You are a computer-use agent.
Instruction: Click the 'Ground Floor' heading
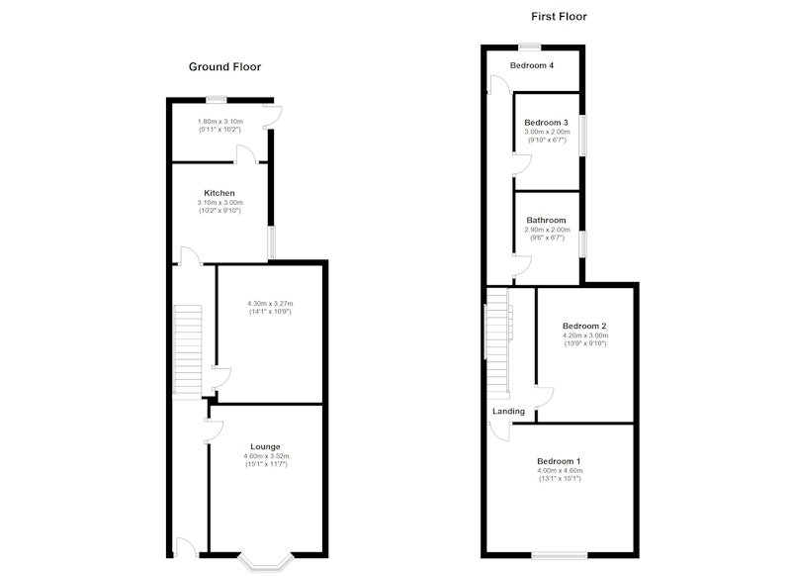click(x=224, y=66)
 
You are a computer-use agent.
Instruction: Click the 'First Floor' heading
click(x=559, y=17)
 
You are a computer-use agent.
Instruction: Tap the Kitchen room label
click(x=219, y=193)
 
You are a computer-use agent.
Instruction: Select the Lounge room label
click(x=265, y=446)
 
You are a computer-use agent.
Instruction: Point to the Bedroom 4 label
click(x=532, y=65)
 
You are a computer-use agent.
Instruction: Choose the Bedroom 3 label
click(x=546, y=123)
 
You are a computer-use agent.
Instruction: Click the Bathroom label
click(x=546, y=220)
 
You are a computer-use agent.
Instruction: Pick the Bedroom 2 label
click(x=584, y=327)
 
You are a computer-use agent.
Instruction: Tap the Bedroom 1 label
click(x=559, y=461)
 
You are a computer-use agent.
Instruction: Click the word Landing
click(x=508, y=412)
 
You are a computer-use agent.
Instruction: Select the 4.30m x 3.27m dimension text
click(x=270, y=304)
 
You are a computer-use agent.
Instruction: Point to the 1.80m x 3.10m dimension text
click(x=220, y=122)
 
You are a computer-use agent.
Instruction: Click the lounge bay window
click(x=266, y=564)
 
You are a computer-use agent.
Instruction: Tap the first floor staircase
click(x=497, y=340)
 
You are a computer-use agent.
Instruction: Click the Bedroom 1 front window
click(x=560, y=556)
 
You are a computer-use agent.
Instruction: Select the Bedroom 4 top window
click(x=530, y=48)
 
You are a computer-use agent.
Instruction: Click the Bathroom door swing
click(x=523, y=266)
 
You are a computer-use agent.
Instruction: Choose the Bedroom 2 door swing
click(x=545, y=397)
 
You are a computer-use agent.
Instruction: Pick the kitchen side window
click(x=271, y=242)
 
